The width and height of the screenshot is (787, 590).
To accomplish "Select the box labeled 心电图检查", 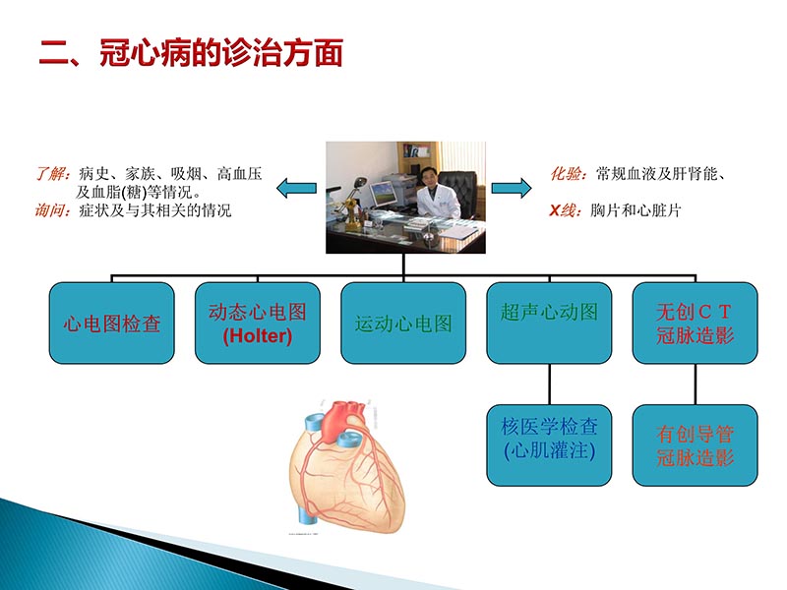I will tap(111, 323).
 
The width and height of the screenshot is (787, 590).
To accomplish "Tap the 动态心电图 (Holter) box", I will tap(257, 323).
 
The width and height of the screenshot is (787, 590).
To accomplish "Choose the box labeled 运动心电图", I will tap(403, 323).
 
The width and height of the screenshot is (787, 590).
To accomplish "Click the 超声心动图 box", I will tap(549, 323).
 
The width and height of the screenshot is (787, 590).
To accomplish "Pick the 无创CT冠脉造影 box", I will tap(695, 323).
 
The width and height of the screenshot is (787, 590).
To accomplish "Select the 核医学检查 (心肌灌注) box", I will tap(549, 444).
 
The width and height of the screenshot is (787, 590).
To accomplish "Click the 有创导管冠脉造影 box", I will tap(695, 444).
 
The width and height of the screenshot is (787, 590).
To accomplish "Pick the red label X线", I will tap(569, 209).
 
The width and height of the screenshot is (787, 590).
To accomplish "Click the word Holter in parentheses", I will tap(258, 335).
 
